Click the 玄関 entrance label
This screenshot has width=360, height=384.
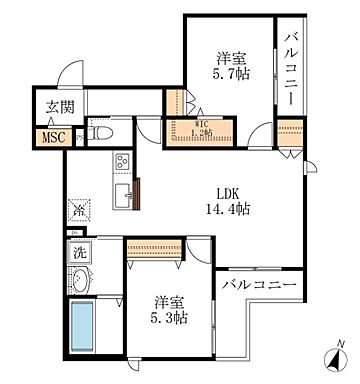coord(56,109)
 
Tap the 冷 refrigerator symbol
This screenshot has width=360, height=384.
coord(78,211)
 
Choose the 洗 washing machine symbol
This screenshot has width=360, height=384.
coord(79,254)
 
